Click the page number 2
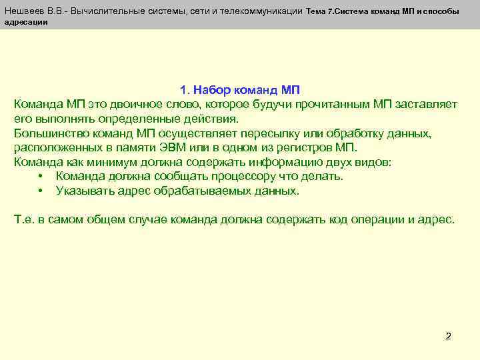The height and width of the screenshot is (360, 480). tap(448, 336)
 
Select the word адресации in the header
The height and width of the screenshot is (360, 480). tap(26, 22)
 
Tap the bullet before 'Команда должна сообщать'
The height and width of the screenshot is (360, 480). tap(41, 177)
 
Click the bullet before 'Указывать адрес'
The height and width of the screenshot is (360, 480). tap(41, 191)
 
